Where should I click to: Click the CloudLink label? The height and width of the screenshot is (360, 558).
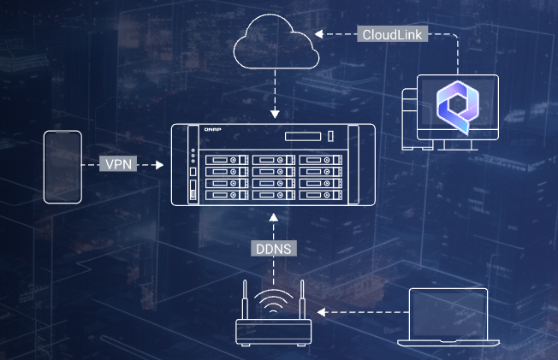[x=392, y=34]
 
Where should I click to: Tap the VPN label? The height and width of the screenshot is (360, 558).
[x=118, y=163]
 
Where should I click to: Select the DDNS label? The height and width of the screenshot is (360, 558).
[x=274, y=248]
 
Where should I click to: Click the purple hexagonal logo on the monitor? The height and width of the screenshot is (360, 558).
[x=458, y=107]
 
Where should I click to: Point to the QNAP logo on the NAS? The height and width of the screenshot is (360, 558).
[x=212, y=129]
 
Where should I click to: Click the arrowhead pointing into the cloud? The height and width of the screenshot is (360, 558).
[x=319, y=34]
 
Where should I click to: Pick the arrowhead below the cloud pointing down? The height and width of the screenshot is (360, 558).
[x=275, y=114]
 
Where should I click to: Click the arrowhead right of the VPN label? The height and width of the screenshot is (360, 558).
[x=159, y=165]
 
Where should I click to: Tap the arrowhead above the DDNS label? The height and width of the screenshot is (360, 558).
[x=274, y=217]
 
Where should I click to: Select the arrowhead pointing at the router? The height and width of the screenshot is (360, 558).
[x=321, y=312]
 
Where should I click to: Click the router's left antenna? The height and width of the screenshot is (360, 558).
[x=245, y=299]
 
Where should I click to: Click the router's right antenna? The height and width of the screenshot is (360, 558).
[x=302, y=299]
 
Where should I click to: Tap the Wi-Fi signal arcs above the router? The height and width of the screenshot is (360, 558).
[x=273, y=297]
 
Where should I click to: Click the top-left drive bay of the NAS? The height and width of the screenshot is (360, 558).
[x=227, y=160]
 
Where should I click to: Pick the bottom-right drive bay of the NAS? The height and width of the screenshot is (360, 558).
[x=321, y=195]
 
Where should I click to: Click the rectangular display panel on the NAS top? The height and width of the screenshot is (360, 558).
[x=303, y=136]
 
